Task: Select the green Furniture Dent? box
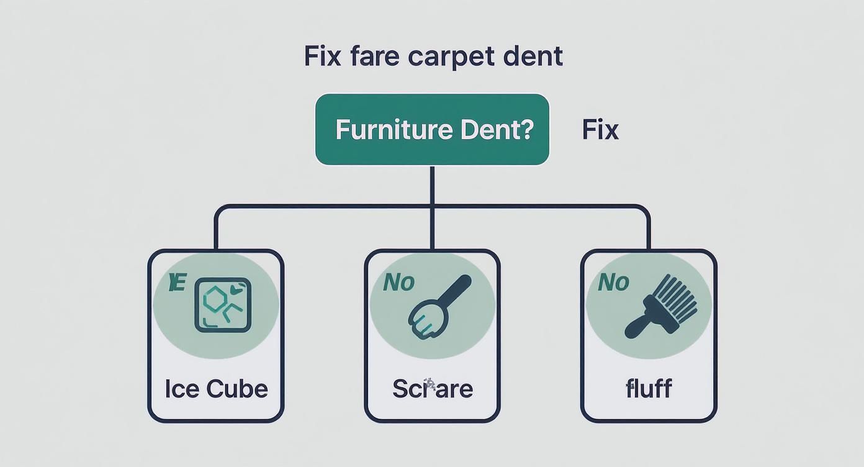tap(432, 129)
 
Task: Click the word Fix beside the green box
tap(600, 130)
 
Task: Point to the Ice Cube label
tap(216, 389)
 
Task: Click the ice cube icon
tap(223, 305)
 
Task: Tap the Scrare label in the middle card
tap(433, 389)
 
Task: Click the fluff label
tap(649, 389)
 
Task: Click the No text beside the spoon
tap(398, 283)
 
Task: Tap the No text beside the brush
tap(613, 283)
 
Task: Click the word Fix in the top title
tap(322, 57)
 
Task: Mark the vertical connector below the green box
tap(432, 186)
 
